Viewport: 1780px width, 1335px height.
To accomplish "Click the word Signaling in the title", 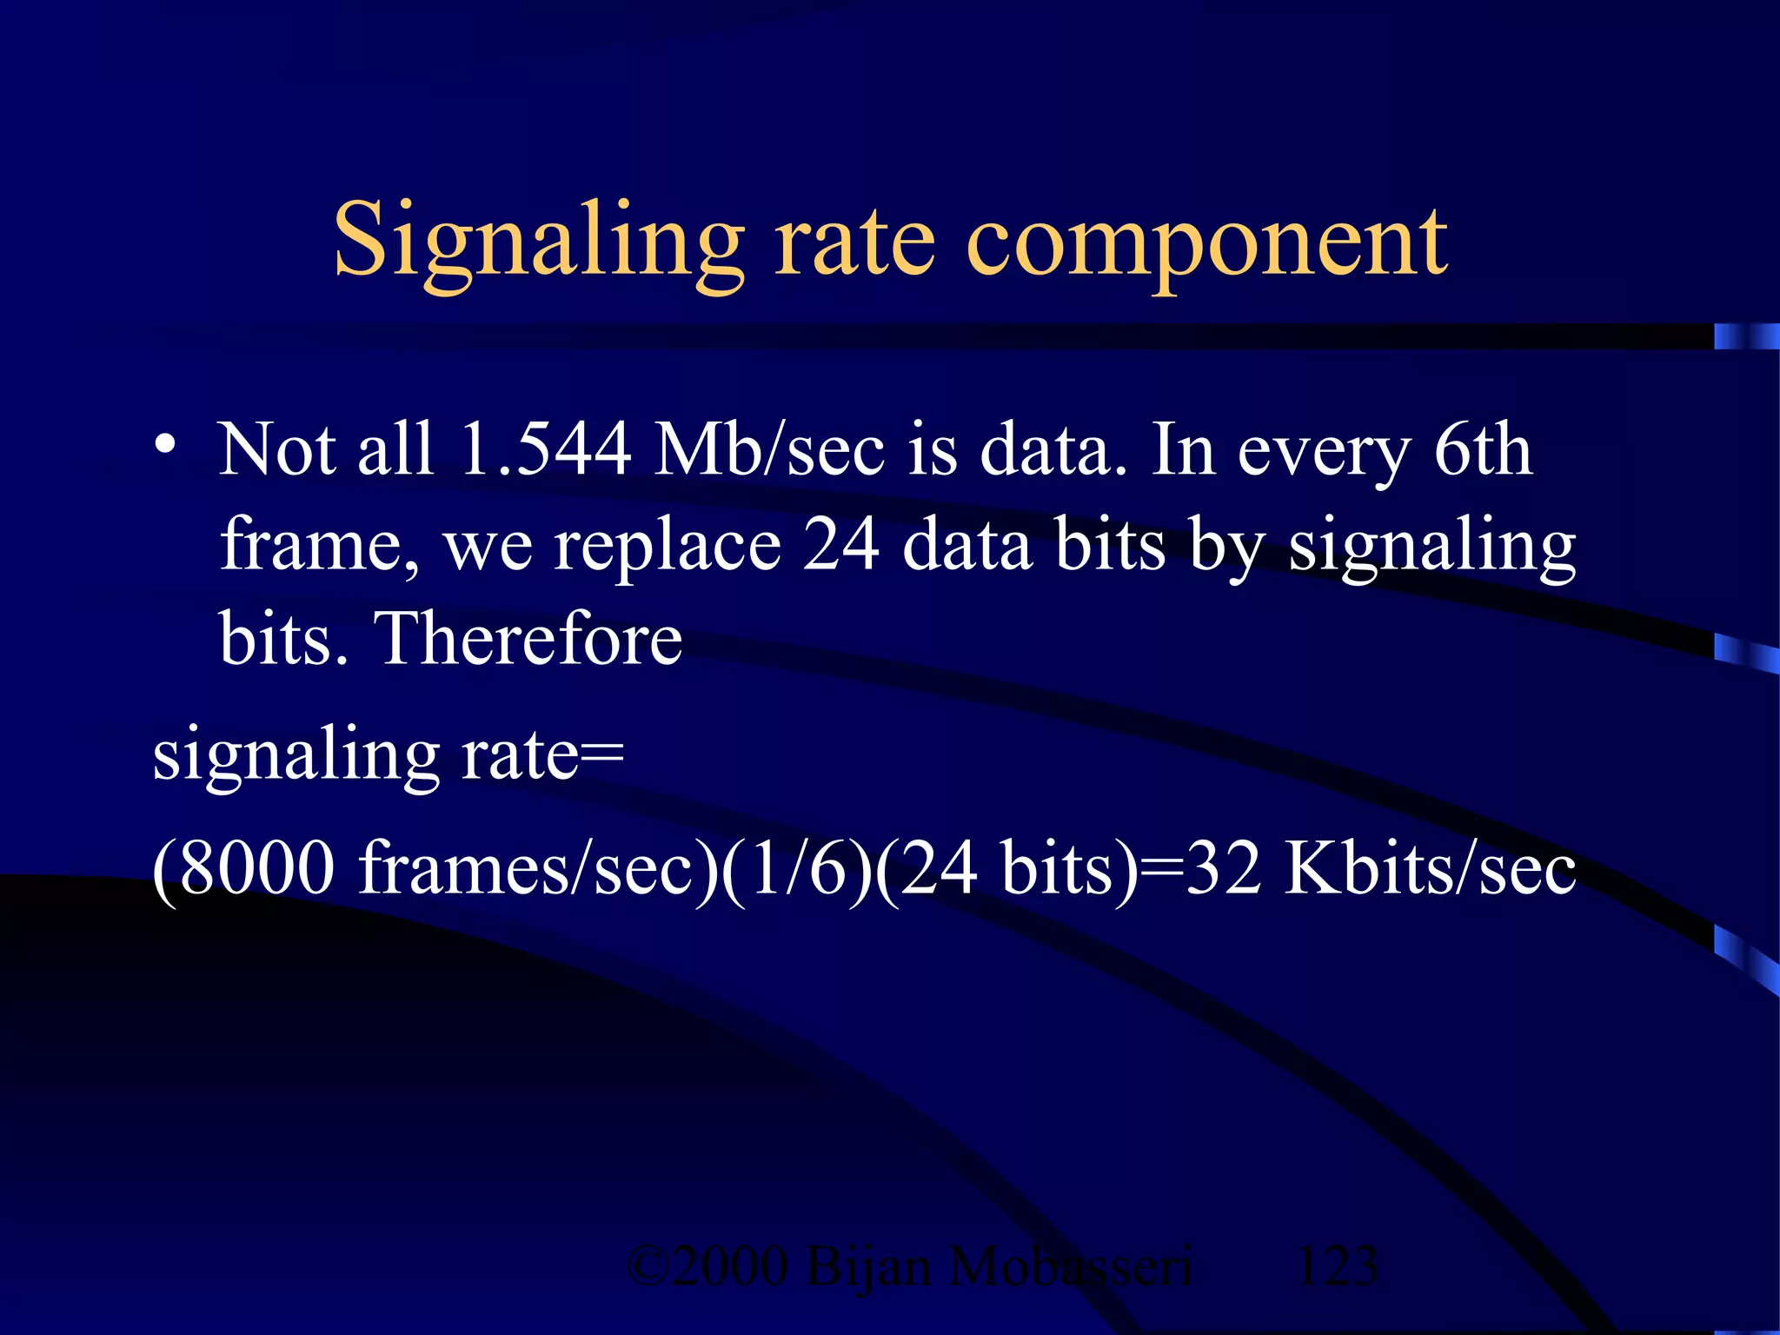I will (x=539, y=242).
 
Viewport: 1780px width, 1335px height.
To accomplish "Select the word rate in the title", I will (x=855, y=242).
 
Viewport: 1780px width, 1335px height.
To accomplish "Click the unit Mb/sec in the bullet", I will (x=769, y=449).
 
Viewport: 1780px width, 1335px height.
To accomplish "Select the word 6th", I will (x=1483, y=449).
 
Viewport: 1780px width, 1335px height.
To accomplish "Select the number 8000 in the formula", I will (x=257, y=867).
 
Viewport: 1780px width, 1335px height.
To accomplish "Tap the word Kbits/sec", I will (x=1430, y=867).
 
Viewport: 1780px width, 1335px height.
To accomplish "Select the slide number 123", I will (x=1337, y=1266).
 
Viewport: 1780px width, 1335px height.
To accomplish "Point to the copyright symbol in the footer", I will (x=647, y=1266).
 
